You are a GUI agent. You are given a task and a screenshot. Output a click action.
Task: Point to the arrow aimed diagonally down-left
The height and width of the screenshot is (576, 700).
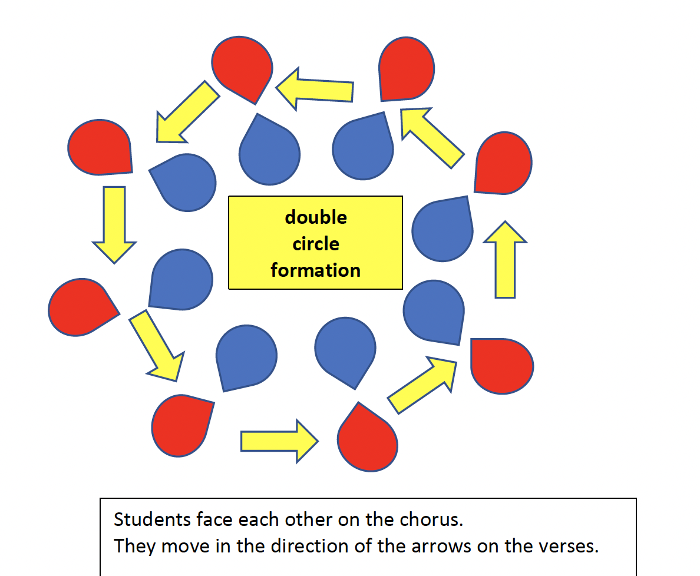click(186, 113)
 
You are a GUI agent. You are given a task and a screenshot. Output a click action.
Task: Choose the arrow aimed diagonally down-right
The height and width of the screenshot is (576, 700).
click(157, 345)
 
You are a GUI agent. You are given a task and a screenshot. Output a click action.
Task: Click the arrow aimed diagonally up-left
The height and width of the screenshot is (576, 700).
click(431, 137)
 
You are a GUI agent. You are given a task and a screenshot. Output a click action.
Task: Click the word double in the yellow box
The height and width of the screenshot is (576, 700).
click(316, 217)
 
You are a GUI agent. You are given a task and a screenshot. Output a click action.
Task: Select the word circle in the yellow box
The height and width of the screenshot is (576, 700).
click(316, 244)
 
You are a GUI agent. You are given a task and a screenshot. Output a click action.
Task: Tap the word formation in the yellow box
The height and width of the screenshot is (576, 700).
click(316, 270)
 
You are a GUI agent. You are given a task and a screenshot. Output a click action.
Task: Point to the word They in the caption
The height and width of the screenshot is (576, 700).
click(135, 546)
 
